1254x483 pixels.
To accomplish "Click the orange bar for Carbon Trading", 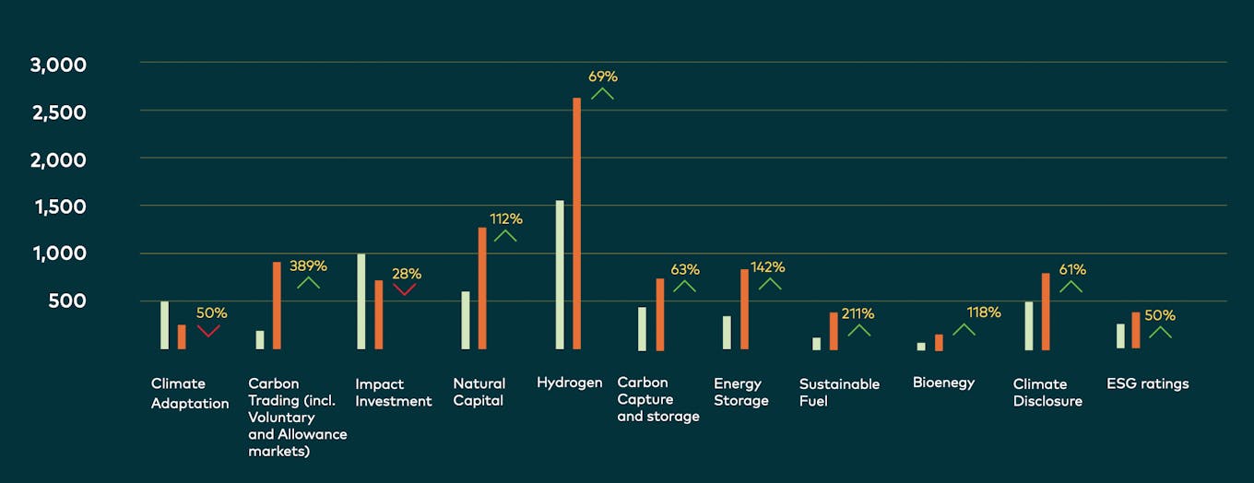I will [x=277, y=305].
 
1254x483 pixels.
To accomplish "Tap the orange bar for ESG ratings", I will [x=1136, y=330].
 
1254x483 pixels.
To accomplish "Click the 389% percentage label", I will [x=308, y=265].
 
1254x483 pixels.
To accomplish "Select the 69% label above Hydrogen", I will [x=602, y=77].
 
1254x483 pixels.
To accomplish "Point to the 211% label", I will [x=858, y=313].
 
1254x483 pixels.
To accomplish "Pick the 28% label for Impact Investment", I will [x=407, y=274].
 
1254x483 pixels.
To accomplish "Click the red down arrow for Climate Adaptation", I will [x=208, y=330].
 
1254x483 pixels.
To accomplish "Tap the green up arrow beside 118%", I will [x=964, y=329].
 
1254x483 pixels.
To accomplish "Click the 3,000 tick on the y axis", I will [x=58, y=65].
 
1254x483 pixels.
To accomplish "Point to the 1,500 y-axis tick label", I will [x=60, y=206].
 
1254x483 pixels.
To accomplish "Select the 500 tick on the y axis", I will [x=67, y=301].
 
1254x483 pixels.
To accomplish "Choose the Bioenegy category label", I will [x=943, y=383].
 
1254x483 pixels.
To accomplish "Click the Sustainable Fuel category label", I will [x=839, y=392].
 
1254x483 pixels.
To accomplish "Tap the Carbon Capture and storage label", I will [x=657, y=399].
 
